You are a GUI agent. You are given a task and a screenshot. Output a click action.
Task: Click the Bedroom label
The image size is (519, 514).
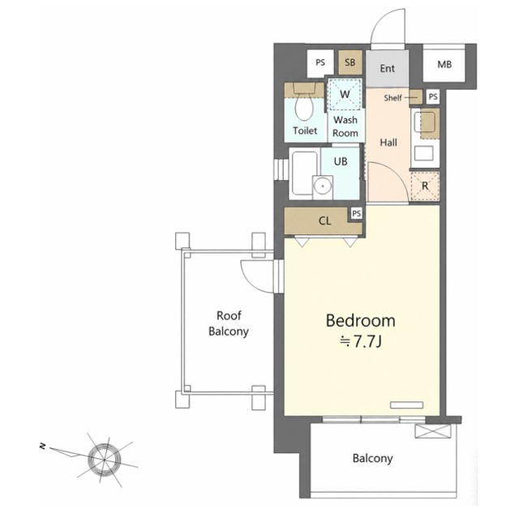360,321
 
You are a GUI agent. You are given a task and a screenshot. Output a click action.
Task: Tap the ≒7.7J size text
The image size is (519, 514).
361,341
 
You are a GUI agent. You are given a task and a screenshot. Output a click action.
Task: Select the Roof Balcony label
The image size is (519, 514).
229,323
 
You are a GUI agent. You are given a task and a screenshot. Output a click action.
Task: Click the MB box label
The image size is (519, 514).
444,64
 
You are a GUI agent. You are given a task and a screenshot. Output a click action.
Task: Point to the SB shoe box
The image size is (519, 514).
350,62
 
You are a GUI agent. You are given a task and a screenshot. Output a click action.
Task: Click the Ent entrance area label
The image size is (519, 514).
388,68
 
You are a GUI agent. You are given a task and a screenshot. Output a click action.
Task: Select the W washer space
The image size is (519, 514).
345,94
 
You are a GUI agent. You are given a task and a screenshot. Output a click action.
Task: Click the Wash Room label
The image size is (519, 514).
345,126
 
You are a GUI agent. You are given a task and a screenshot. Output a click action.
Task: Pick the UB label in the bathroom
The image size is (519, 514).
341,161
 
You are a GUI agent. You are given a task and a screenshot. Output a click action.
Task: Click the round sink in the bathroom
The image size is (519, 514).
323,186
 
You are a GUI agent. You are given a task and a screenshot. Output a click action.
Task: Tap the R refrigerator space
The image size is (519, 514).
425,186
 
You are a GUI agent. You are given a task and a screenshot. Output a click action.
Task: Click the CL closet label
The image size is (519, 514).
324,221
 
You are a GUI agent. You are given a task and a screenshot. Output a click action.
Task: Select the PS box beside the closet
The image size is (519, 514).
356,213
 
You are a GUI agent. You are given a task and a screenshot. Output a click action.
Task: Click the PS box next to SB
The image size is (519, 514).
320,62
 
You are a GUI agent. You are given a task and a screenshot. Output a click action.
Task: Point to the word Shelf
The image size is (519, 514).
392,97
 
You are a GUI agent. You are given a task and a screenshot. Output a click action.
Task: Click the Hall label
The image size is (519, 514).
388,143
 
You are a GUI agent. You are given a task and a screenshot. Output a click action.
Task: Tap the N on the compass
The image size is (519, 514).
42,447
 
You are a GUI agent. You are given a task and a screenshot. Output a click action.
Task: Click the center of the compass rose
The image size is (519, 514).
105,460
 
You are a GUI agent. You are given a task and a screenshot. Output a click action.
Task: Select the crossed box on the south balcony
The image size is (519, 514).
433,431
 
